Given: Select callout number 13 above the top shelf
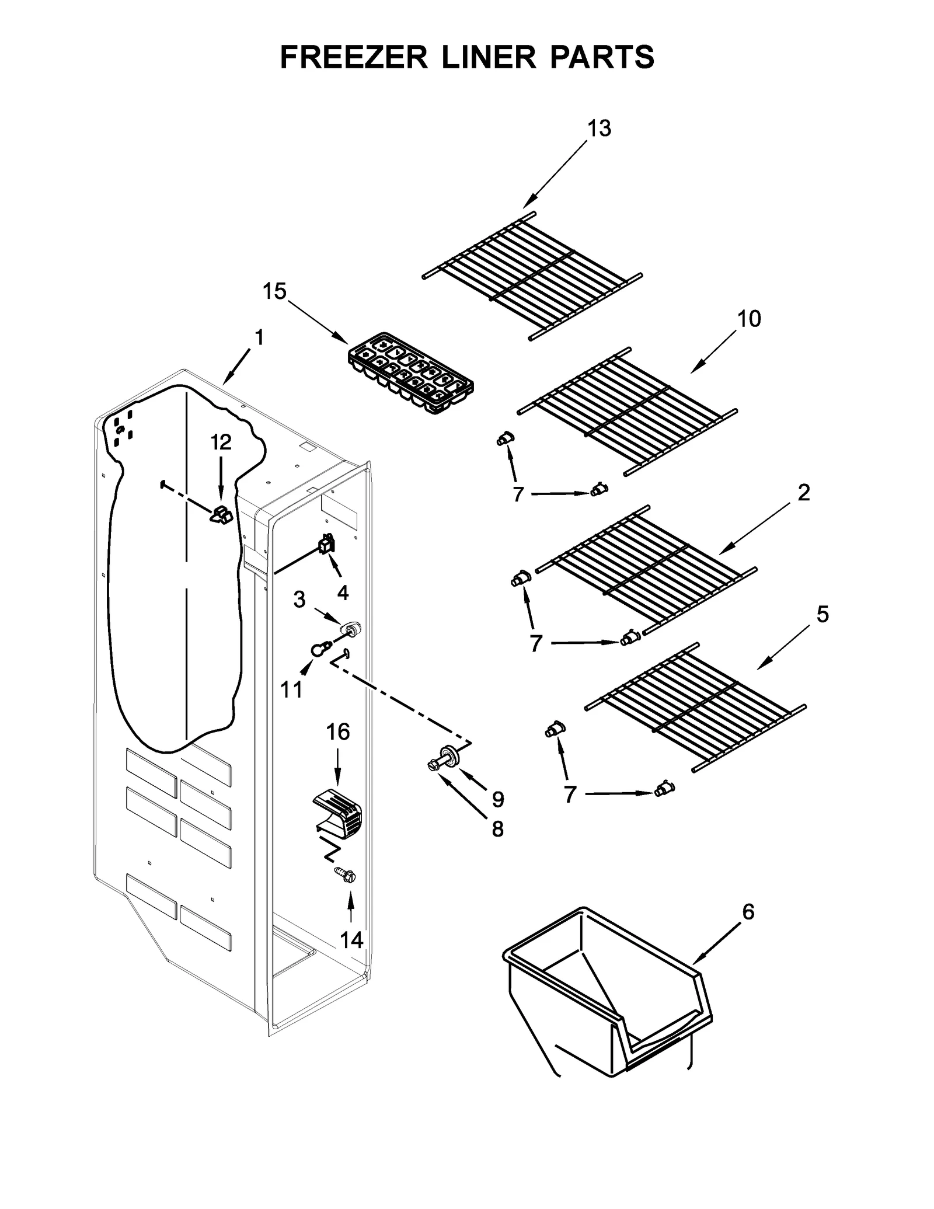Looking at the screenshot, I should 599,128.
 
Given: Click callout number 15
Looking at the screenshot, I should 274,291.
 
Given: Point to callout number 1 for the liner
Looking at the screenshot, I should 259,337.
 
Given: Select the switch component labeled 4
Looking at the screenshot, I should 326,544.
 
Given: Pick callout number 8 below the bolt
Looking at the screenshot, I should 497,828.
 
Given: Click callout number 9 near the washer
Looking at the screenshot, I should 497,799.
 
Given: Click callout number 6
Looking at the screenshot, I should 748,911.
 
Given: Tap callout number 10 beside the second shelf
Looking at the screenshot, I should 749,319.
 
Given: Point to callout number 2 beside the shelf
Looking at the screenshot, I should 804,493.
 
